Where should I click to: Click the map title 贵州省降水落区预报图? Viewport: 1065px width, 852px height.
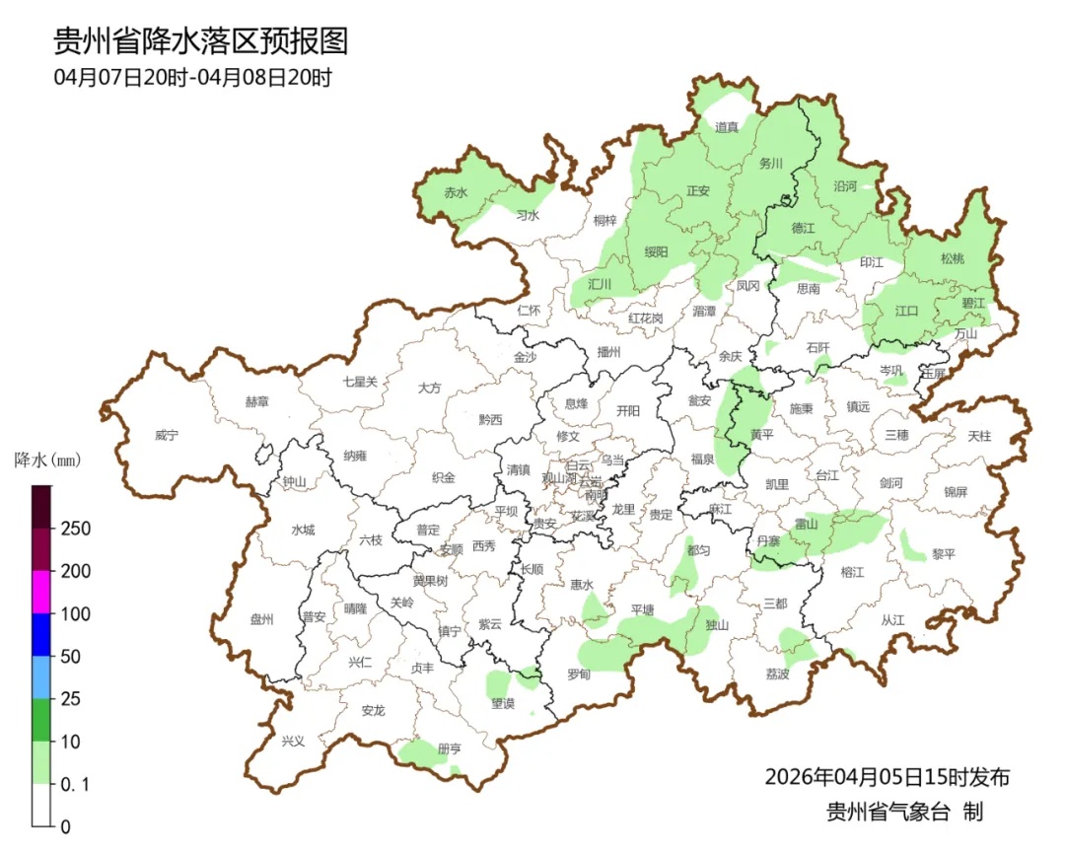200,41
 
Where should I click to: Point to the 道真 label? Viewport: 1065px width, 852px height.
727,127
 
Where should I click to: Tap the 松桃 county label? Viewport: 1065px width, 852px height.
953,259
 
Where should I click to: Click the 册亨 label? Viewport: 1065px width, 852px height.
449,749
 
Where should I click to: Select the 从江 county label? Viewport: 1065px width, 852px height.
892,620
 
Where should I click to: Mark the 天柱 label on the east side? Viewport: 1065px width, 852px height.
979,435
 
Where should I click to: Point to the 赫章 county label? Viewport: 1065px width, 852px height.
256,401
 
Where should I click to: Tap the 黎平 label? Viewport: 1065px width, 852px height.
945,554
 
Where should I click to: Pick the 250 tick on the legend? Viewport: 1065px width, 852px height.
76,529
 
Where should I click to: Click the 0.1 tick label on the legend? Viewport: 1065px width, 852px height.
75,785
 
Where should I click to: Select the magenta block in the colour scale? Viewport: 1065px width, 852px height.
41,592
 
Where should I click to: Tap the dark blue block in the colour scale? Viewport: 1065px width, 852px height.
41,634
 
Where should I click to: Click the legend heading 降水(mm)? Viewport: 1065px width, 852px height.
46,460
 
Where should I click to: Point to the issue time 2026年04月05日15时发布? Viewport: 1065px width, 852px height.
887,777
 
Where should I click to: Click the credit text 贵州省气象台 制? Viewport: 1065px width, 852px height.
904,813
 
